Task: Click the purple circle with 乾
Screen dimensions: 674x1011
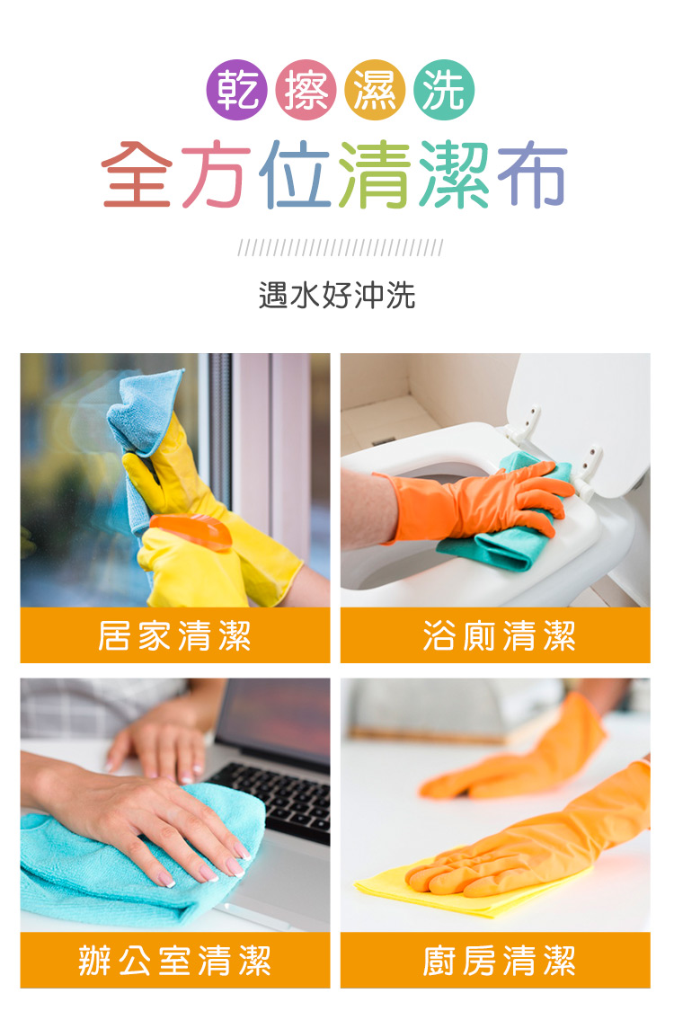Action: pos(236,90)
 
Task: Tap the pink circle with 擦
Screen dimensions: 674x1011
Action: pos(306,90)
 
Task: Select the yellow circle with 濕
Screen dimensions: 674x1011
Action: pos(375,90)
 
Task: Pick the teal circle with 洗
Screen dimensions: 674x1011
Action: pos(444,90)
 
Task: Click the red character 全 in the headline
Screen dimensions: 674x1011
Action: pos(137,173)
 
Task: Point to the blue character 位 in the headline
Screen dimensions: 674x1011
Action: pos(295,173)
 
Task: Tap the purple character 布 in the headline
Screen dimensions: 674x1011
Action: pos(533,173)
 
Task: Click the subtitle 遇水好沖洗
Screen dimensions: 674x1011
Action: pos(337,296)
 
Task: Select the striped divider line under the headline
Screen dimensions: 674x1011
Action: pos(341,248)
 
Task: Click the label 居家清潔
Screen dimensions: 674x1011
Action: pos(174,635)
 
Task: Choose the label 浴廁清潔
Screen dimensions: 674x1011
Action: pos(499,635)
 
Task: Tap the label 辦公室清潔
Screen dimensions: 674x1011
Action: pos(174,960)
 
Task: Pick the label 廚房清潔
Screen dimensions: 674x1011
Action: pos(499,960)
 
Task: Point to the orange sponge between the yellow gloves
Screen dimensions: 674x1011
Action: pos(191,530)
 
